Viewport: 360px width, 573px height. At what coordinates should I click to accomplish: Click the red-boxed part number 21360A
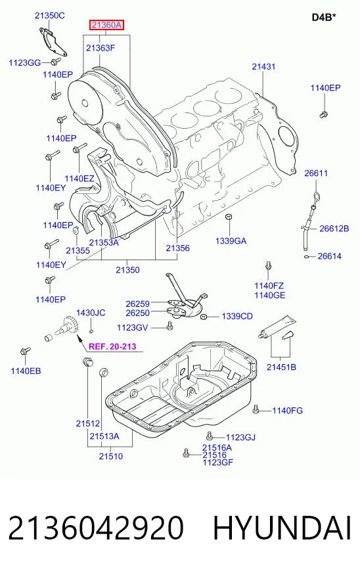point(106,25)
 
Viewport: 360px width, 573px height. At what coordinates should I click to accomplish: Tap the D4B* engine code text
point(324,17)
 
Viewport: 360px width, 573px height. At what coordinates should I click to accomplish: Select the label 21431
point(263,66)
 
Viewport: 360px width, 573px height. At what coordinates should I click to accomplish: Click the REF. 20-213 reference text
point(112,346)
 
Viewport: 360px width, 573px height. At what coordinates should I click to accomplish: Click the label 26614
point(330,256)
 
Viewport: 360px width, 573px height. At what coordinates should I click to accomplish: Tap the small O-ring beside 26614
point(307,256)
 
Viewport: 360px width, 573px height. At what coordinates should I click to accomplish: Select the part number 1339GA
point(231,241)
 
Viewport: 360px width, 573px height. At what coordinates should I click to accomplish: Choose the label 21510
point(111,456)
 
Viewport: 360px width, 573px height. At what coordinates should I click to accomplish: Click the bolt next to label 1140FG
point(256,409)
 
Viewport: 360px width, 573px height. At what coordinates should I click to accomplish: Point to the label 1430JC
point(91,313)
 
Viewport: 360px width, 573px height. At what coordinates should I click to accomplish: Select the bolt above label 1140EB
point(25,352)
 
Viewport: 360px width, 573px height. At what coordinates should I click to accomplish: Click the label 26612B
point(334,229)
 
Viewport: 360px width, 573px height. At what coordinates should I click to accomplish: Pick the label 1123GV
point(132,327)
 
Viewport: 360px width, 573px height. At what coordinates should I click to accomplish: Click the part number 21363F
point(101,48)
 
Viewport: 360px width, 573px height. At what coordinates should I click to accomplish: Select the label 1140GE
point(270,295)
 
